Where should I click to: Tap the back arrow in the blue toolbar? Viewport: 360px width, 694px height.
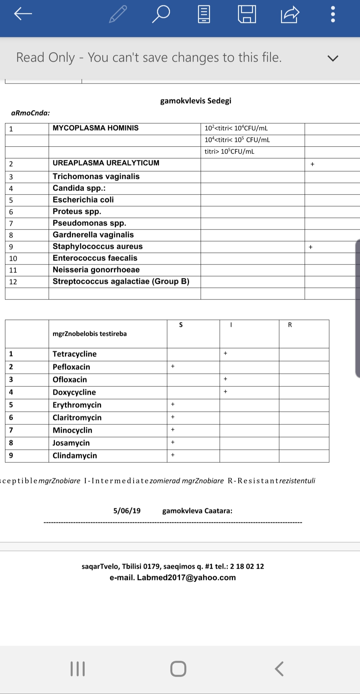pos(23,14)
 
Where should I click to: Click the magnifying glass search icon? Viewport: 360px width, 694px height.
pos(161,14)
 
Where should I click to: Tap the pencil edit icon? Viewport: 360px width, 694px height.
pos(118,14)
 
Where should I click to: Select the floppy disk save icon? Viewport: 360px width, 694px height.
pos(247,14)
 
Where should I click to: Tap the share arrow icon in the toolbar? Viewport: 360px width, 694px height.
pos(290,14)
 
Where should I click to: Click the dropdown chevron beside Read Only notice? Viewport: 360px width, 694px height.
pos(333,58)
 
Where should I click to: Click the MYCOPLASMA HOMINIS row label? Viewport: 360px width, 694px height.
pos(96,128)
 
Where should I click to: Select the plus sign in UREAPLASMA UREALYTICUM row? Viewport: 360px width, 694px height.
pos(312,164)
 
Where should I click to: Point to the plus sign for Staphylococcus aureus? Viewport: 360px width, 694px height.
pos(310,247)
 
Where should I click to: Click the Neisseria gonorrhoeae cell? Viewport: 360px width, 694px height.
pos(96,270)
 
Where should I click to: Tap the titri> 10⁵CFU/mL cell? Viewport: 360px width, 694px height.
pos(229,152)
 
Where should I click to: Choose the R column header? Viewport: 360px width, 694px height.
pos(290,325)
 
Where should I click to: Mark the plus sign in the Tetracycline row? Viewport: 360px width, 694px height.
pos(225,353)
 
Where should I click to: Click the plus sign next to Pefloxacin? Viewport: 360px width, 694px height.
pos(173,366)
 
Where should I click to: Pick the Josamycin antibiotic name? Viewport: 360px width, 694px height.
pos(71,443)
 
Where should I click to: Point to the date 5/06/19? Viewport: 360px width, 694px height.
pos(127,511)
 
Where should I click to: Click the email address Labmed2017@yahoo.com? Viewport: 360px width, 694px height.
pos(186,577)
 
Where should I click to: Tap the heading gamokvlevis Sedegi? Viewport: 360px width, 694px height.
pos(196,101)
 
